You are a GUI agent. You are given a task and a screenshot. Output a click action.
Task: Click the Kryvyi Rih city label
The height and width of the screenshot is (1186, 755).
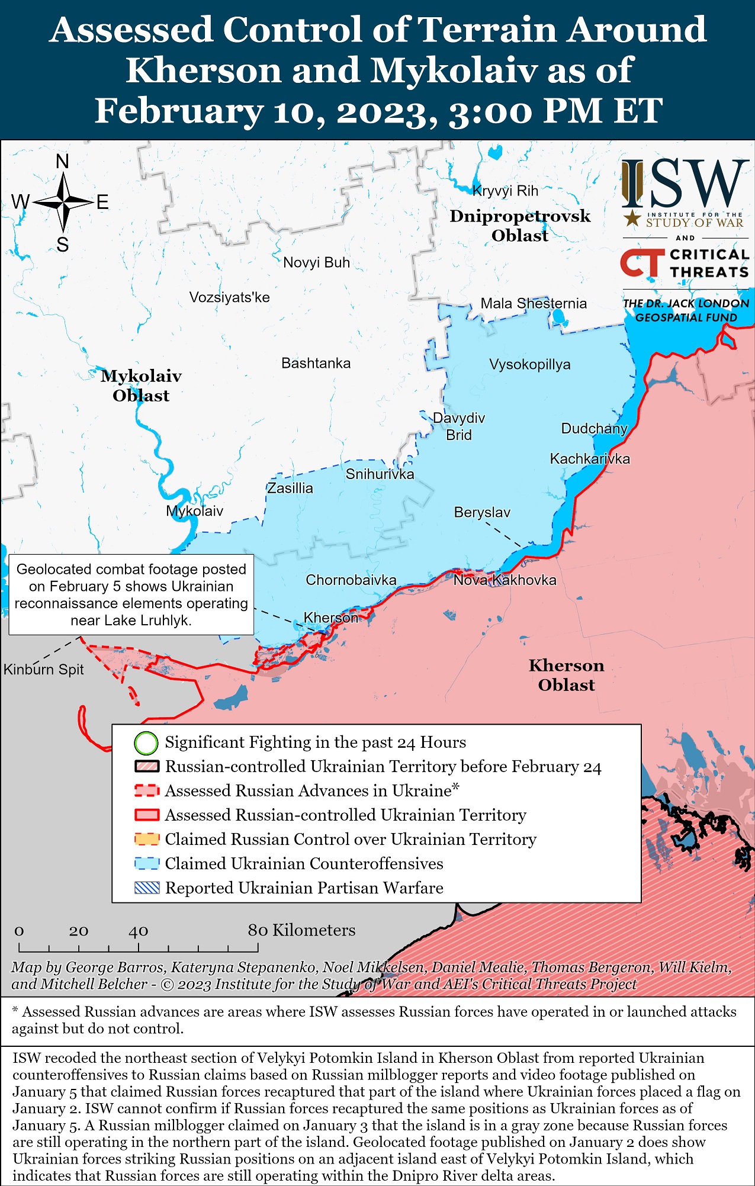(505, 191)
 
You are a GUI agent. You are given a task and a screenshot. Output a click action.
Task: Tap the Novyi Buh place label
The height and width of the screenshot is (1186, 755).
(316, 262)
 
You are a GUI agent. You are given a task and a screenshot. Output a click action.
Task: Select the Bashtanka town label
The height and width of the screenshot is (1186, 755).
(316, 363)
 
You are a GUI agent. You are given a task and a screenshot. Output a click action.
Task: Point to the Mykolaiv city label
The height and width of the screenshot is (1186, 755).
(194, 511)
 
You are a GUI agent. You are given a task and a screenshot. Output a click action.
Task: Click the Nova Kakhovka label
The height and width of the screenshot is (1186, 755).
(505, 580)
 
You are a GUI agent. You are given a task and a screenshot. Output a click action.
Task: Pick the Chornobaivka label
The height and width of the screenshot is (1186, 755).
(351, 580)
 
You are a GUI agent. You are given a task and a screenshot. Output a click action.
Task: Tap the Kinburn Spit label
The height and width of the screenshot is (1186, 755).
(43, 670)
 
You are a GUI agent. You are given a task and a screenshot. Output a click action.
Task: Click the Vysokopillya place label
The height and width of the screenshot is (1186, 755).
(529, 364)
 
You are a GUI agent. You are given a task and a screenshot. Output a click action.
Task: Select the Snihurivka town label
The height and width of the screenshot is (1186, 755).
(380, 474)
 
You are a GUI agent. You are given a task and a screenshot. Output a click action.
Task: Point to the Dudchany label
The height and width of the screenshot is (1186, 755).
(594, 428)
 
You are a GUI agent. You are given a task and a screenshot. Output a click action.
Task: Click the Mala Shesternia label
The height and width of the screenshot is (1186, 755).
(533, 303)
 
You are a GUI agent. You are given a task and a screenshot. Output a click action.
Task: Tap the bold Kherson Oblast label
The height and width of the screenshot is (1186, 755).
(566, 675)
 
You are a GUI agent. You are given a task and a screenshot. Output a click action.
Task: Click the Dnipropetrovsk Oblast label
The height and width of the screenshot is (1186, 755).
(520, 226)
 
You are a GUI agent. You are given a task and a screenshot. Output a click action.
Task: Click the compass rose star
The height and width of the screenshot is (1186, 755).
(63, 203)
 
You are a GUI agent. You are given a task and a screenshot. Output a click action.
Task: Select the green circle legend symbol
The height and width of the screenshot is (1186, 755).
(146, 743)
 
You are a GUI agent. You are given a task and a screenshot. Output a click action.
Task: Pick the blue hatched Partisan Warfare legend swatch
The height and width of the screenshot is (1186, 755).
(147, 888)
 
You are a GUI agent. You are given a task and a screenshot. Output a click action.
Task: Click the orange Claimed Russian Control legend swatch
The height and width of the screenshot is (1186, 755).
(147, 839)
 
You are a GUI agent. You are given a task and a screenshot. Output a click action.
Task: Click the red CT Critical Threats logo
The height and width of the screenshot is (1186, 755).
(642, 263)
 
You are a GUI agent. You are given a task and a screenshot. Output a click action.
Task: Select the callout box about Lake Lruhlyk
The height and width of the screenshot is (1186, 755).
(131, 594)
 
